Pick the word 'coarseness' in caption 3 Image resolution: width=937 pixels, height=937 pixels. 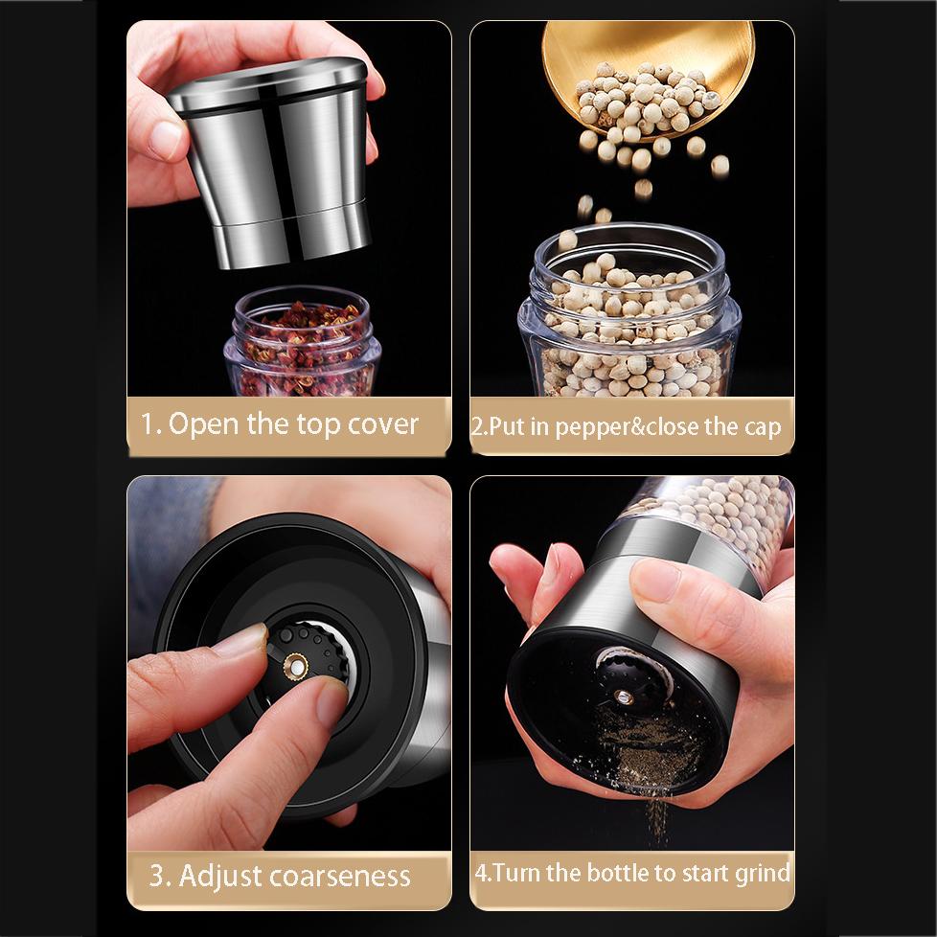click(x=347, y=876)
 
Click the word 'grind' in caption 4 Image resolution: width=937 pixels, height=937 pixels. click(x=762, y=873)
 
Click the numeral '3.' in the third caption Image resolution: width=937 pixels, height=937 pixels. click(x=160, y=876)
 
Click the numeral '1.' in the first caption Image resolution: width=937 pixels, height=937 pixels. click(x=152, y=424)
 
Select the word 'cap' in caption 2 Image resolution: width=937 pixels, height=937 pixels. click(x=763, y=427)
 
